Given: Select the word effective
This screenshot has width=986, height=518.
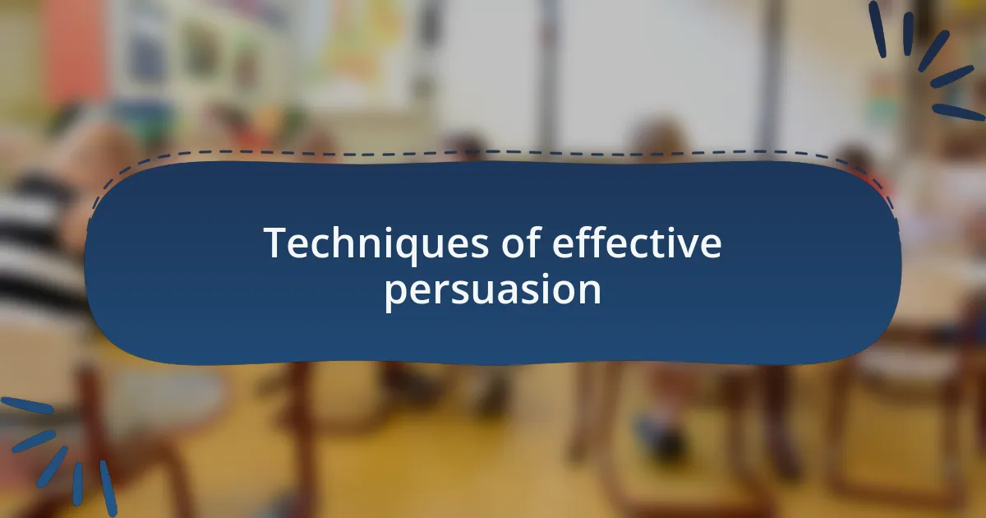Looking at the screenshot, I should coord(637,244).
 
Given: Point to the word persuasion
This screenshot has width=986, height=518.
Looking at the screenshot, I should coord(493,291).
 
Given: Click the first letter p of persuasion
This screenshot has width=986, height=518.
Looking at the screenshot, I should coord(395,294).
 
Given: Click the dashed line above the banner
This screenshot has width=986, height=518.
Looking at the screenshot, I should coord(493,153).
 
